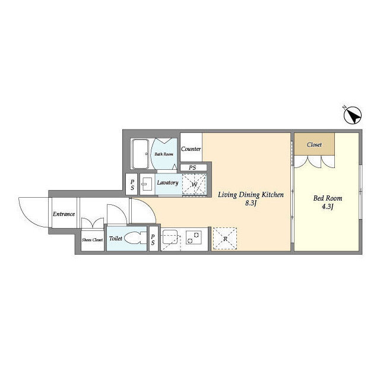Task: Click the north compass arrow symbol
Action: tap(353, 115)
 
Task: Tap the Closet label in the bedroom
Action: tap(314, 145)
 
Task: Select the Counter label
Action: tap(191, 149)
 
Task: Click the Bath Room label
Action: tap(164, 154)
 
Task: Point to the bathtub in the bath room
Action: tap(140, 154)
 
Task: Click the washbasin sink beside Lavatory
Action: tap(147, 185)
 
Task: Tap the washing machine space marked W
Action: tap(194, 184)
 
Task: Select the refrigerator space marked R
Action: tap(224, 239)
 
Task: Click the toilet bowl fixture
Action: tap(135, 239)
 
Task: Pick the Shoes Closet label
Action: tap(93, 240)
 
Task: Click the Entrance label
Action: tap(64, 214)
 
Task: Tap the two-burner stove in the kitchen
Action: tap(194, 237)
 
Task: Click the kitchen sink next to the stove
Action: tap(170, 237)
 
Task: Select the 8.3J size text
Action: tap(251, 204)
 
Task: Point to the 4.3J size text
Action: tap(328, 207)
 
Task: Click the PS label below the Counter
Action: tap(192, 167)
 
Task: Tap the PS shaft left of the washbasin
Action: tap(132, 185)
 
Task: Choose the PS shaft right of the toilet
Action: tap(153, 239)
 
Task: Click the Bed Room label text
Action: tap(328, 198)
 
